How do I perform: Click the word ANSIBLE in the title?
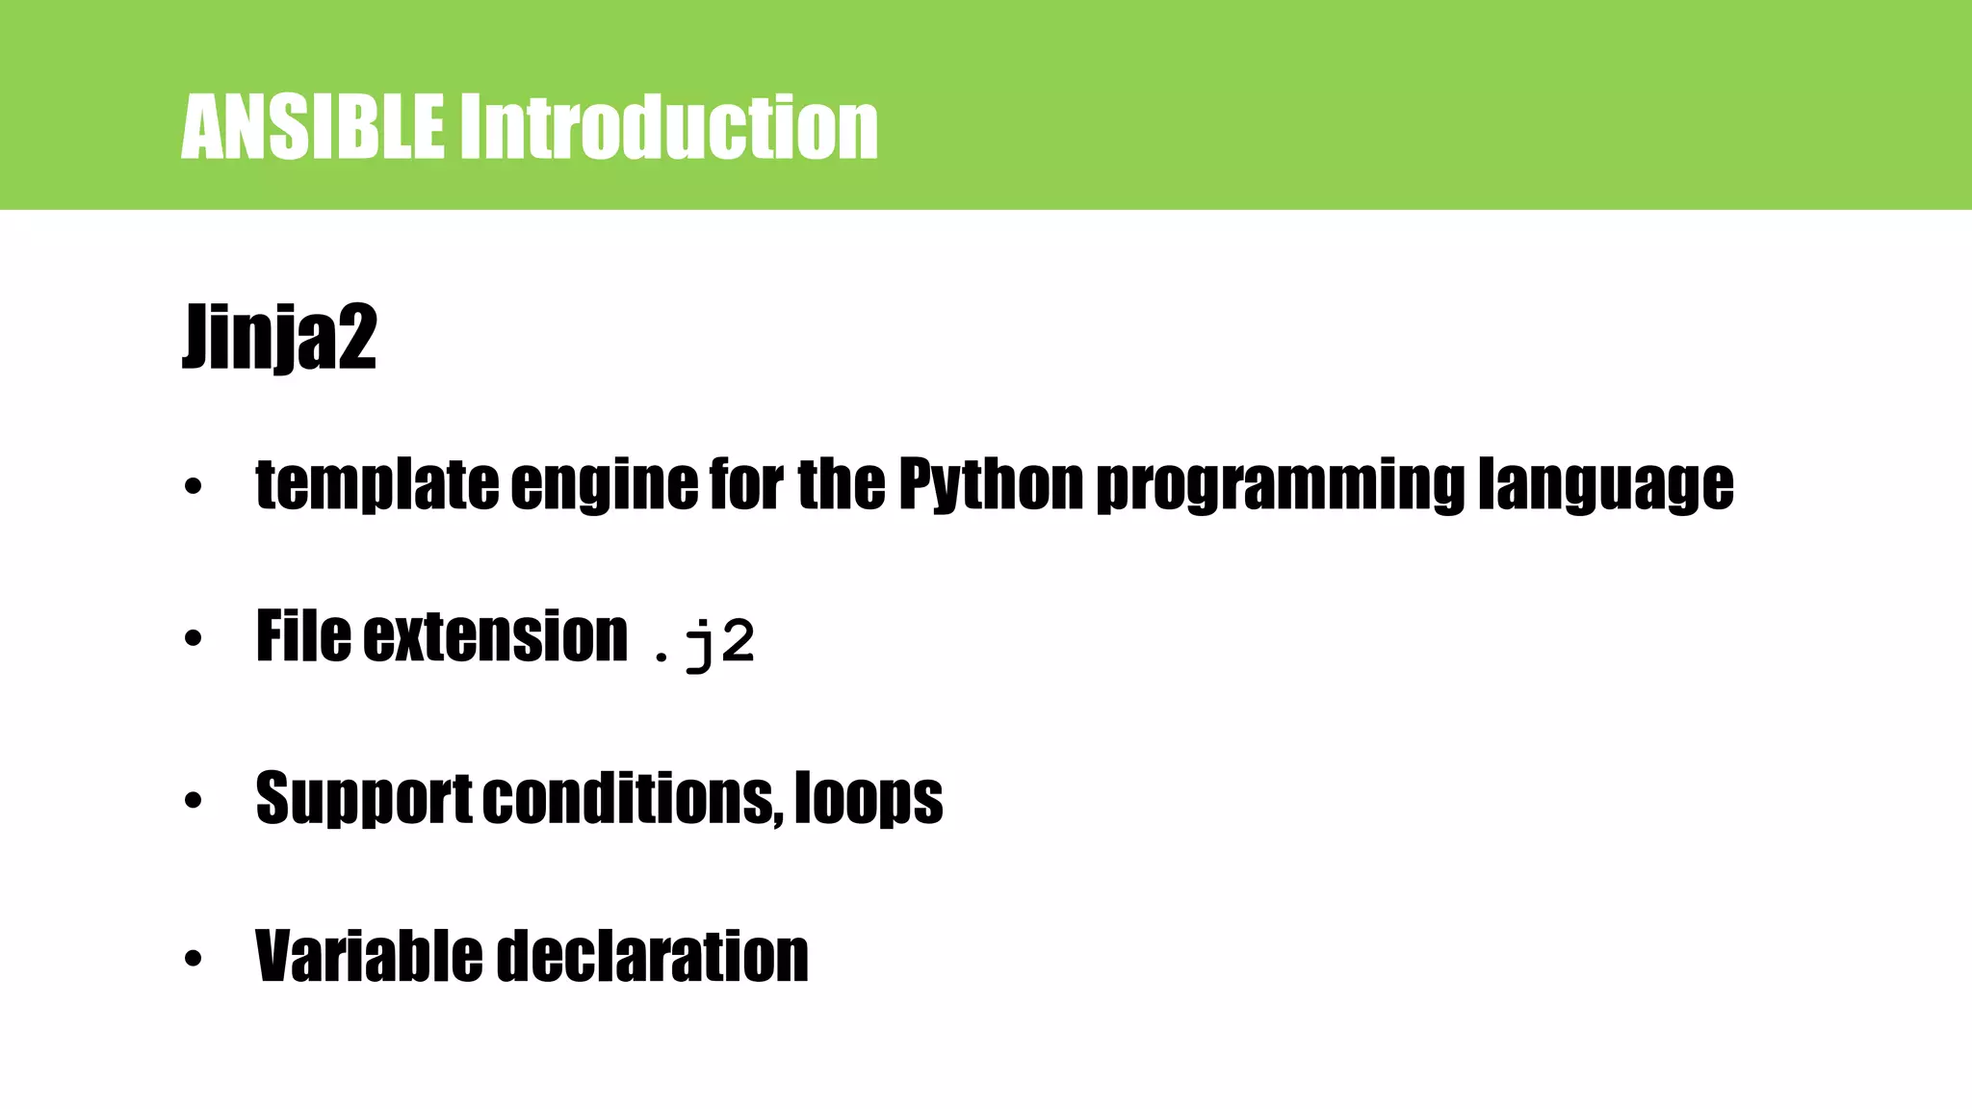click(312, 127)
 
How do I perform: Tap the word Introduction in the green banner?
click(667, 127)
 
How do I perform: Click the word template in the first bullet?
click(376, 483)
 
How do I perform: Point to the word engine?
click(604, 485)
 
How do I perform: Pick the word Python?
click(991, 483)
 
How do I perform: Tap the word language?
click(1605, 485)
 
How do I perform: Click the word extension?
click(495, 636)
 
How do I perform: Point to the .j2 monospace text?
click(704, 643)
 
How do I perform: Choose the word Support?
click(363, 798)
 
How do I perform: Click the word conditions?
click(632, 798)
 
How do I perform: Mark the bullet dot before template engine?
click(194, 487)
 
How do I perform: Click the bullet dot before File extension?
click(194, 638)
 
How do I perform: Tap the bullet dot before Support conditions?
click(194, 800)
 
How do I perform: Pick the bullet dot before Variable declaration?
click(194, 959)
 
